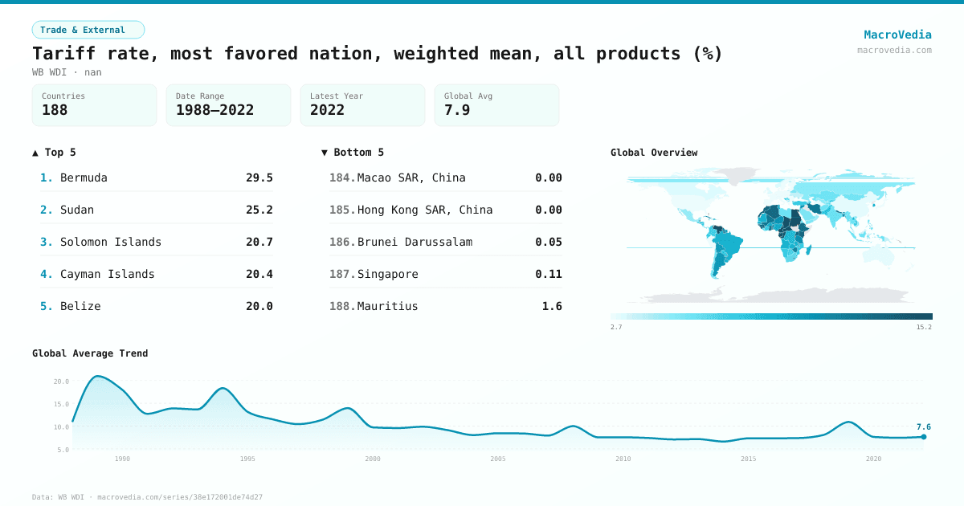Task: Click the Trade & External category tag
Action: (x=88, y=30)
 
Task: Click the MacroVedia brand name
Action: (x=897, y=35)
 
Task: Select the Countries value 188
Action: (x=55, y=110)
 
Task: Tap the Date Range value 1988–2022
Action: (x=214, y=110)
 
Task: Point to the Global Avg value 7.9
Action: (x=457, y=110)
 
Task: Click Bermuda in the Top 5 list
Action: (x=84, y=178)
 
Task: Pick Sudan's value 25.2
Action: (x=259, y=210)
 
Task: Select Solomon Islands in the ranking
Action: (x=111, y=242)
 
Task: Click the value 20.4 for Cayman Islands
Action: (x=259, y=274)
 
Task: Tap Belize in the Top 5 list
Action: (x=80, y=306)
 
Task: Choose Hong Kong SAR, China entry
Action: (x=425, y=210)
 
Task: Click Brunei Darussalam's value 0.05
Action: (x=548, y=242)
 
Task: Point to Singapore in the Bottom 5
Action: (x=387, y=274)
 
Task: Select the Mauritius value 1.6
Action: (x=552, y=306)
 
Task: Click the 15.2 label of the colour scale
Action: (x=924, y=327)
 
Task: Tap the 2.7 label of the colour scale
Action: (x=616, y=327)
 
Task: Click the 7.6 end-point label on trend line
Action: (x=923, y=427)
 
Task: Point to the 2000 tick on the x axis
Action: (x=373, y=459)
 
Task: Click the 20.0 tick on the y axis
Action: (x=61, y=382)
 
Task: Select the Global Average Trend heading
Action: (x=90, y=353)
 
